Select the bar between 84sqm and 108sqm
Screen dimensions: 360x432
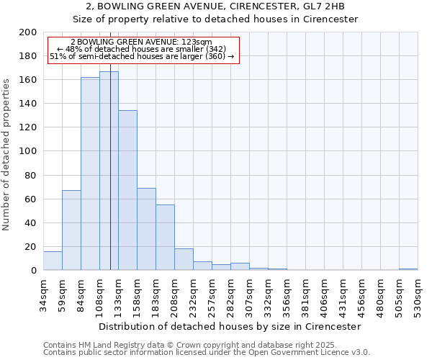[90, 174]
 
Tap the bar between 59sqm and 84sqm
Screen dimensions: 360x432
[71, 230]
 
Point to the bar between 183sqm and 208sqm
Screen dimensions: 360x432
[165, 238]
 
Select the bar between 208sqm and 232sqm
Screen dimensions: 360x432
[184, 259]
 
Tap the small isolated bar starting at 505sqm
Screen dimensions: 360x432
[408, 269]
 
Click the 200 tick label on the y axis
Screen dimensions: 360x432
[27, 32]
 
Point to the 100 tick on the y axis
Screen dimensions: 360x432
[27, 151]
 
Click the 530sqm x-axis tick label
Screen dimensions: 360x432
[418, 296]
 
